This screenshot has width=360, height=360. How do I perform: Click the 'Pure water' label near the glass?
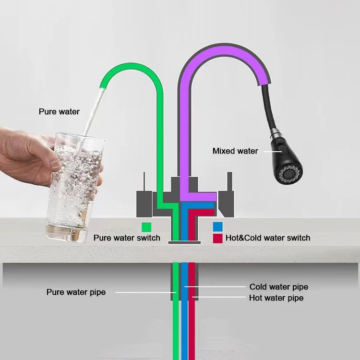59,112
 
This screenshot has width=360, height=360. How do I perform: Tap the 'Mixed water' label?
235,151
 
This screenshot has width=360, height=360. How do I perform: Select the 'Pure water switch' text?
127,238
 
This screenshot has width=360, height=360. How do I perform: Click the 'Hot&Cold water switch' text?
268,238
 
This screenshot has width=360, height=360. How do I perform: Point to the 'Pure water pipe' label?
76,292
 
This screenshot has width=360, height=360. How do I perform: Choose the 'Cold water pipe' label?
279,287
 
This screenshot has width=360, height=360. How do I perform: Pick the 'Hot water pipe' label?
276,298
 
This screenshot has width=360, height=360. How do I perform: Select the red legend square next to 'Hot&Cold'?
218,238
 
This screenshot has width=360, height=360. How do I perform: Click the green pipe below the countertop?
175,317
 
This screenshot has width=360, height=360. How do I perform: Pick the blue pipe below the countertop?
184,317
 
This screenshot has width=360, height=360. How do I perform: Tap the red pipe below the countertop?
192,317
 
